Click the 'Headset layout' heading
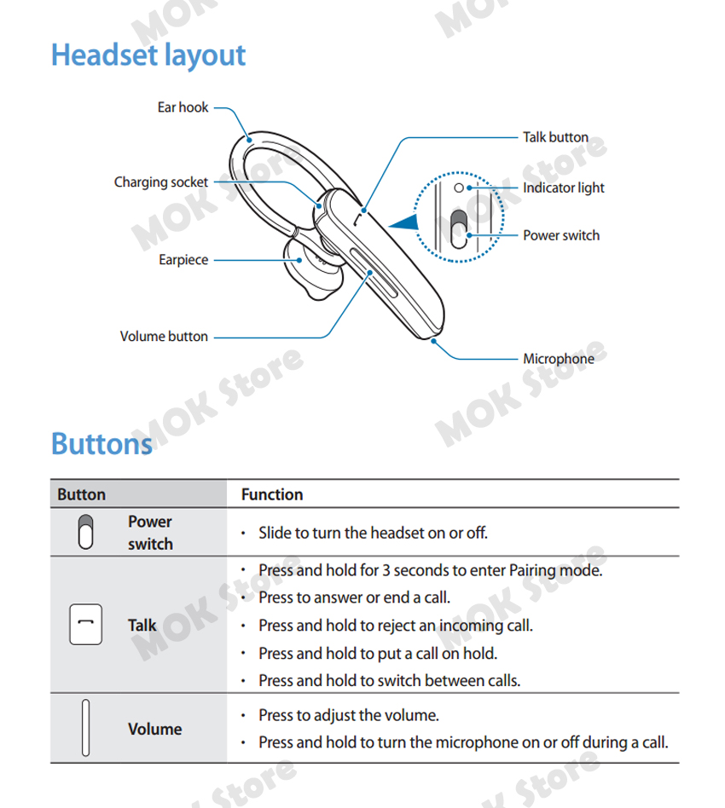[x=148, y=55]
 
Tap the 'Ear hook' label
[x=183, y=108]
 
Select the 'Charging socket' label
[x=161, y=182]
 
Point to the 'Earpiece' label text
[x=183, y=260]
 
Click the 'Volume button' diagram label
[x=164, y=337]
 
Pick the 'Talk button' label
[x=555, y=137]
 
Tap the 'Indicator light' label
[x=563, y=188]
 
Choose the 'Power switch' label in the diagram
[x=561, y=235]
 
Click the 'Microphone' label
[x=559, y=359]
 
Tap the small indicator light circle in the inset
[x=458, y=187]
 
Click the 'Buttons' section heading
[x=101, y=444]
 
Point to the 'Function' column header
[x=272, y=494]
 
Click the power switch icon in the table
[x=85, y=533]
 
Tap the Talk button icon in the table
[x=85, y=625]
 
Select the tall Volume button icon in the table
[x=85, y=729]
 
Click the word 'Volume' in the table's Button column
[x=154, y=730]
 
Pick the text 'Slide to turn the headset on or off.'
[x=373, y=534]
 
